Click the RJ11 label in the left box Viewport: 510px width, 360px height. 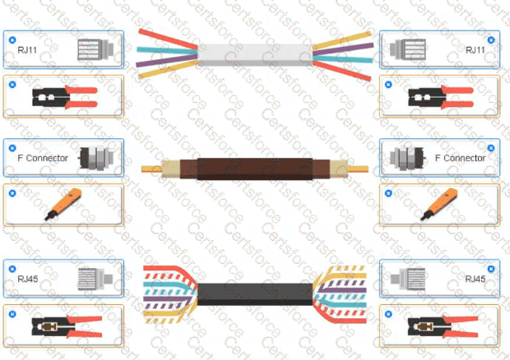click(x=27, y=50)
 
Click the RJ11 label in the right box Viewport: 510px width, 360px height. click(x=475, y=50)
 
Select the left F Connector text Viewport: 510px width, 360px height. click(x=43, y=158)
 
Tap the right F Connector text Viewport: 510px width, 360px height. click(x=461, y=158)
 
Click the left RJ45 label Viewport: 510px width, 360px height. click(x=28, y=279)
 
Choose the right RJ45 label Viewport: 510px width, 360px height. click(x=475, y=279)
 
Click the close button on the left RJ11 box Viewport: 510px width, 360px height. click(x=12, y=40)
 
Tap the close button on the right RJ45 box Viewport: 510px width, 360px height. click(x=491, y=269)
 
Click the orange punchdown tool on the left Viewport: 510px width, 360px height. click(x=63, y=205)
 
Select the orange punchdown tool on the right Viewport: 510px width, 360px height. click(x=439, y=205)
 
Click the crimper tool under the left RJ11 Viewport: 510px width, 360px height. click(x=65, y=96)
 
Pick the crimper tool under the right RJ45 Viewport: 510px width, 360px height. click(x=443, y=326)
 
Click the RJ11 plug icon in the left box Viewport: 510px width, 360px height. click(x=95, y=49)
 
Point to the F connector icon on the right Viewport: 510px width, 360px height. click(x=407, y=158)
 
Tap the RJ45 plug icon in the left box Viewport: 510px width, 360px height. click(x=95, y=279)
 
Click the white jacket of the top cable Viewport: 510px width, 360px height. click(x=255, y=54)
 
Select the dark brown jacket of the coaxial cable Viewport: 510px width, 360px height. click(x=255, y=168)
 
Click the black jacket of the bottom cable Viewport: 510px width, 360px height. click(x=255, y=293)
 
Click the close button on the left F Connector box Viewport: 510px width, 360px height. click(x=12, y=148)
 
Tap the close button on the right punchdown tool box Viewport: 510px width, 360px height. click(x=388, y=193)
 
